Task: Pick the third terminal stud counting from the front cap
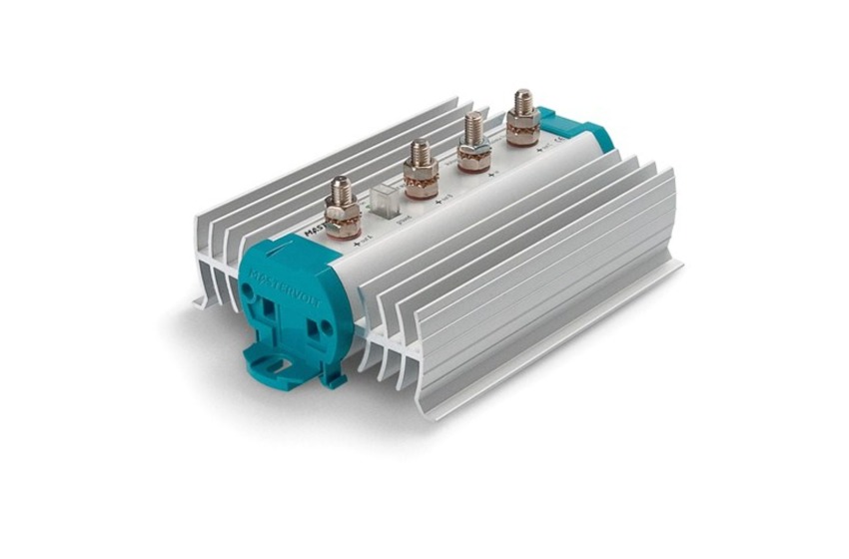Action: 473,143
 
